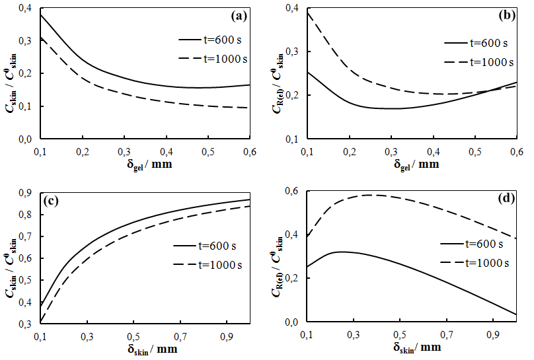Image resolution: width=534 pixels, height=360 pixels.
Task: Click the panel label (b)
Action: (x=507, y=15)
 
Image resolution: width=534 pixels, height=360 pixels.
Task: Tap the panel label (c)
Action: (x=51, y=201)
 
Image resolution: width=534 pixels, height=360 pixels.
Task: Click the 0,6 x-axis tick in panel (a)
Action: (x=250, y=151)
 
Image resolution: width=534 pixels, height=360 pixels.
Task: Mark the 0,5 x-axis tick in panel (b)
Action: (x=474, y=151)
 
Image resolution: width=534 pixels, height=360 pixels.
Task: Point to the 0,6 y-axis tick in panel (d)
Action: (x=291, y=192)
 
